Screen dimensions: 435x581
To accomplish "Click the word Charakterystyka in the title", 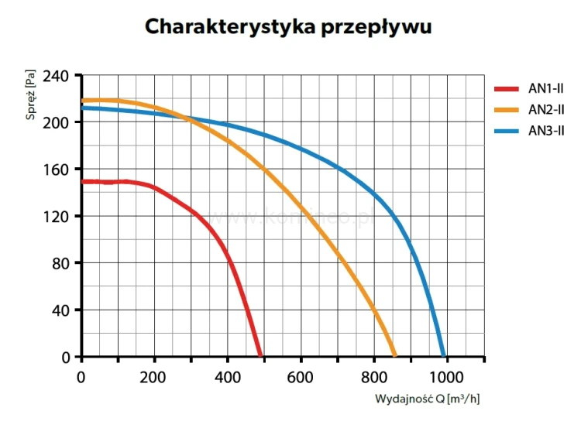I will (x=220, y=26).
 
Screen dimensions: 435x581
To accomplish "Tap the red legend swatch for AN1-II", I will (x=507, y=89).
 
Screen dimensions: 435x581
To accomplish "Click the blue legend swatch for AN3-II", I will (x=507, y=129).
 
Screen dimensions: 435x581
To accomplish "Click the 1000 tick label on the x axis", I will (x=446, y=377).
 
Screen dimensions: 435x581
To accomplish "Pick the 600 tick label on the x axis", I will (x=301, y=377).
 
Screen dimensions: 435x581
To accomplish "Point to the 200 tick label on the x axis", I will (x=154, y=377).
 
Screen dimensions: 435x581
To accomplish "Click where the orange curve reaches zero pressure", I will (x=394, y=356).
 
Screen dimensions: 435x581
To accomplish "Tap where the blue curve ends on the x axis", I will (x=444, y=356).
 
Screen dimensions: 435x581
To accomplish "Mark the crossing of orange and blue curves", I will (x=189, y=118).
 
